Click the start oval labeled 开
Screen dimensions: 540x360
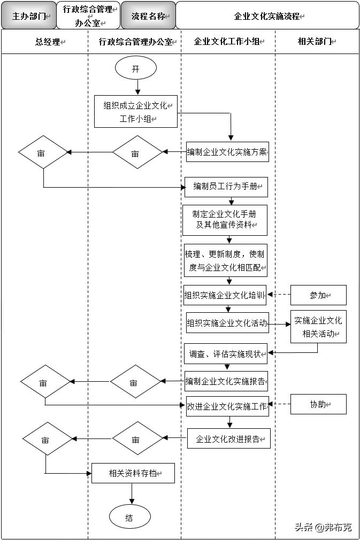pos(135,68)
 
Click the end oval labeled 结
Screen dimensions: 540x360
pos(129,518)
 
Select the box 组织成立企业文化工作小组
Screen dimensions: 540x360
pos(135,112)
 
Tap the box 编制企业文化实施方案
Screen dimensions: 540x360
pos(227,152)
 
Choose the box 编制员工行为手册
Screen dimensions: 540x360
pos(226,187)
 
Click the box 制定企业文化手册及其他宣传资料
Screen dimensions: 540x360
pos(225,220)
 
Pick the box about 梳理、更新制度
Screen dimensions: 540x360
pos(225,260)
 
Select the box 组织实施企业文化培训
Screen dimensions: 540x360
pos(225,295)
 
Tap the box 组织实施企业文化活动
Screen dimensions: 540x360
pos(226,323)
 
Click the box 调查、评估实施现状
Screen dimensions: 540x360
pos(225,353)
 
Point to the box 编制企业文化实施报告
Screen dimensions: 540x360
pos(226,381)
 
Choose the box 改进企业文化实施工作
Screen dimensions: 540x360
pos(226,406)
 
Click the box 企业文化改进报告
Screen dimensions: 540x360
pos(228,438)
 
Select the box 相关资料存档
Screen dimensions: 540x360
pos(133,473)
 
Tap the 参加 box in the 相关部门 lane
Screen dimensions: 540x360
pos(318,295)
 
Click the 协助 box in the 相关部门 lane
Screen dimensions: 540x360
pos(318,404)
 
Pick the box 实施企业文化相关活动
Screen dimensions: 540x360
pos(318,327)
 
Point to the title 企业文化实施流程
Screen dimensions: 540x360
pos(267,16)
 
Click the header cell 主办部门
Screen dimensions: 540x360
pos(29,16)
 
